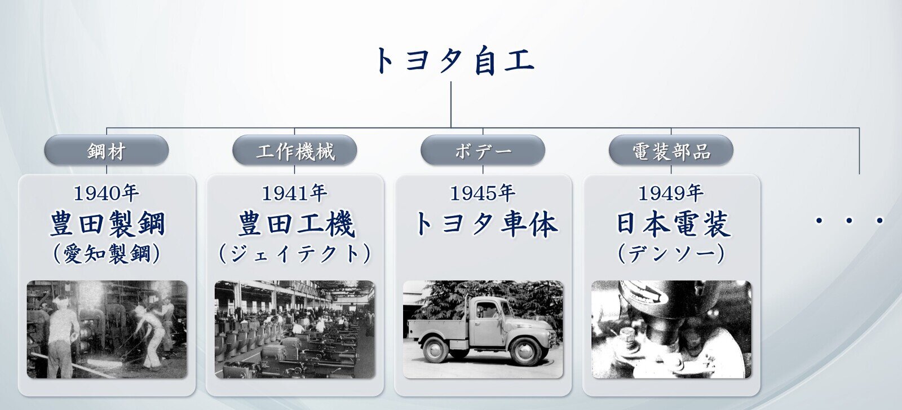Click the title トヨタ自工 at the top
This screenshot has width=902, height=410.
(454, 61)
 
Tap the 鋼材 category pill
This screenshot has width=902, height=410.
(107, 150)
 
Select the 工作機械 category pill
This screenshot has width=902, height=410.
(295, 150)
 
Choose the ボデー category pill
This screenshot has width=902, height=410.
(483, 150)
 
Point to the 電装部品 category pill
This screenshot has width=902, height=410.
(671, 150)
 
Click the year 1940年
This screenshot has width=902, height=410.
(107, 193)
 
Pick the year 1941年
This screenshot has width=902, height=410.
(294, 193)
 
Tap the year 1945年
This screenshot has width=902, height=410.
(483, 193)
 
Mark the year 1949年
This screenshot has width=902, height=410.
(671, 193)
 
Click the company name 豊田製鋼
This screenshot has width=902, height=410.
(107, 223)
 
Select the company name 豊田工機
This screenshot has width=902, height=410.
(297, 223)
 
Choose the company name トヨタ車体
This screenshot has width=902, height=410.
(486, 223)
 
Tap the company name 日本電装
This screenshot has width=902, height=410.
(673, 223)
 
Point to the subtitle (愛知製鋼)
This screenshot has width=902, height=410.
(107, 254)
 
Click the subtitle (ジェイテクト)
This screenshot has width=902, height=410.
(295, 254)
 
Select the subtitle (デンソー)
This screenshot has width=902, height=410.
(671, 254)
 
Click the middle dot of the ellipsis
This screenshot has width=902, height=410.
(849, 221)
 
